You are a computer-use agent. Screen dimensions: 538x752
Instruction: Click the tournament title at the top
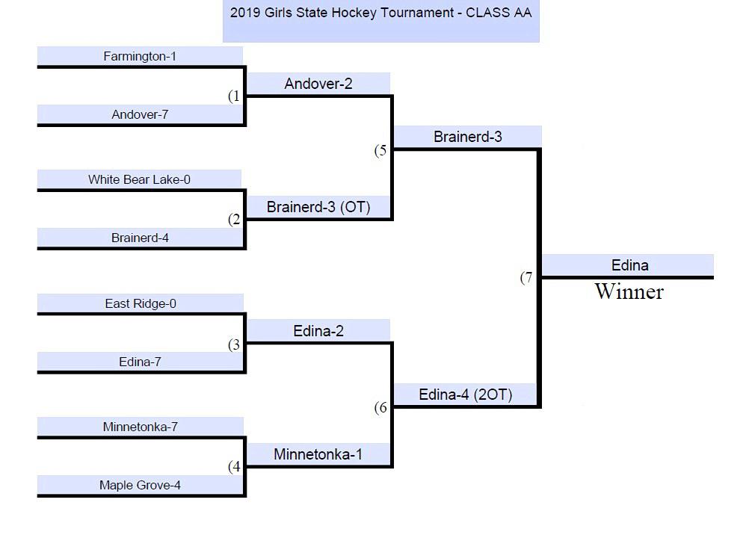(380, 13)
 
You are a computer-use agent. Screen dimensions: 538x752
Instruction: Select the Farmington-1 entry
(140, 56)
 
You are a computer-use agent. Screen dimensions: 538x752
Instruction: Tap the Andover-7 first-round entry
(140, 114)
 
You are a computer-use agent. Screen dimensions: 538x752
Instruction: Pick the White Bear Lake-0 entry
(139, 179)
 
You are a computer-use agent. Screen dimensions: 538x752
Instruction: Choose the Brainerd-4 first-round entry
(140, 238)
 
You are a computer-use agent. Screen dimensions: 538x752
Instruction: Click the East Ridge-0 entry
(141, 303)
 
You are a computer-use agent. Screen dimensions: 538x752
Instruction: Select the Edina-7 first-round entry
(140, 362)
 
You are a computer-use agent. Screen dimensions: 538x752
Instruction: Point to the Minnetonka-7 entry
(140, 427)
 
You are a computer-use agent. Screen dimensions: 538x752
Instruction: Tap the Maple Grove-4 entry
(140, 485)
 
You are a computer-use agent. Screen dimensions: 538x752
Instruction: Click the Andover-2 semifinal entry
(318, 84)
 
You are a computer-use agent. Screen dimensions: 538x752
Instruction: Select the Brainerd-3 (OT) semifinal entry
(318, 207)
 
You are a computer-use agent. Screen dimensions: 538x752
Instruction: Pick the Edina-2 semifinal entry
(318, 330)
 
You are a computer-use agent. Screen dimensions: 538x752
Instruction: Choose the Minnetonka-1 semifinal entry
(318, 454)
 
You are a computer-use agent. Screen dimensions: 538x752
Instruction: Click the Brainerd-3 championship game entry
(467, 137)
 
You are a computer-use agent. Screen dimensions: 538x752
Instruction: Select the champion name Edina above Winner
(629, 265)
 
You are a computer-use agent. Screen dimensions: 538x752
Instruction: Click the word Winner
(629, 291)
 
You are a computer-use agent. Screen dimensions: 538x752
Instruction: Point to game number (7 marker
(527, 277)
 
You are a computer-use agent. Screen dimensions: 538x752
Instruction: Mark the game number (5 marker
(381, 150)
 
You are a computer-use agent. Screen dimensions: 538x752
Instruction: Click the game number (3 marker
(235, 344)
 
